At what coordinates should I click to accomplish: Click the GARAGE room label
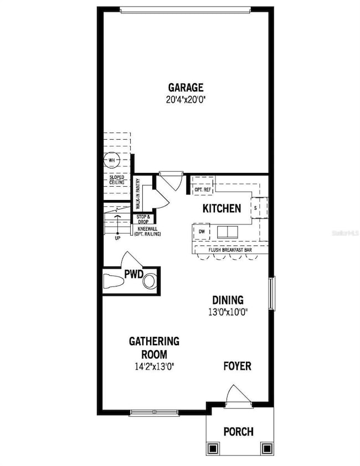tap(186, 87)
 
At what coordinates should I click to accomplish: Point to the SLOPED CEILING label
tap(116, 180)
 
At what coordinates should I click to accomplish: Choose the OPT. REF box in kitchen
tap(203, 190)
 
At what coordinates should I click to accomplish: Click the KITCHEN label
tap(222, 208)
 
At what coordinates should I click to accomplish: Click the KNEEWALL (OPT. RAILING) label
tap(147, 232)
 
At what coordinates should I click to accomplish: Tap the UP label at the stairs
tap(117, 239)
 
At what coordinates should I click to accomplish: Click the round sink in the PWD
tap(150, 282)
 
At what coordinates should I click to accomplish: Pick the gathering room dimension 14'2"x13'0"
tap(154, 366)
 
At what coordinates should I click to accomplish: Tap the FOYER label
tap(237, 366)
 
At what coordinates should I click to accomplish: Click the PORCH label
tap(238, 432)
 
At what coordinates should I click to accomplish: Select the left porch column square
tap(213, 447)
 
